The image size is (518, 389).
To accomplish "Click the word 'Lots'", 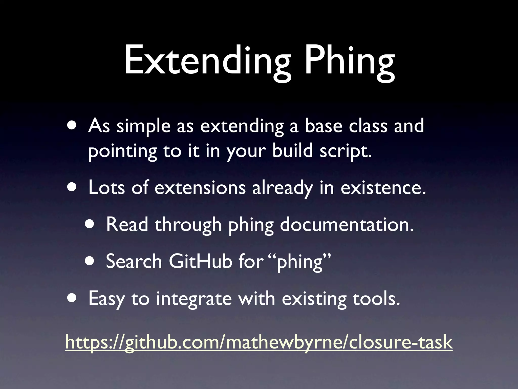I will [x=106, y=188].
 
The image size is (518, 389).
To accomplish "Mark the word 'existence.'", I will [x=383, y=188].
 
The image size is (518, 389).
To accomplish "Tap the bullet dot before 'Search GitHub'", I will [x=90, y=261].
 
